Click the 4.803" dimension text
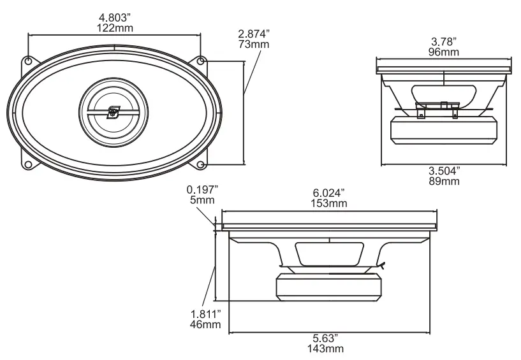point(114,18)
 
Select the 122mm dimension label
point(114,29)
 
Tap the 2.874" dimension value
point(254,34)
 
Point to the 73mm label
point(254,45)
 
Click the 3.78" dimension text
point(444,41)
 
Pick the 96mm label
point(444,52)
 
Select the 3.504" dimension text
point(444,171)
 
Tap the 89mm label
point(444,182)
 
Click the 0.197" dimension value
point(202,189)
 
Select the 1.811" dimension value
point(205,314)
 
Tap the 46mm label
point(205,325)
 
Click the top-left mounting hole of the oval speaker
point(29,61)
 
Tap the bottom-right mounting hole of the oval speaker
point(201,165)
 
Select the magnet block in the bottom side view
point(329,286)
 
